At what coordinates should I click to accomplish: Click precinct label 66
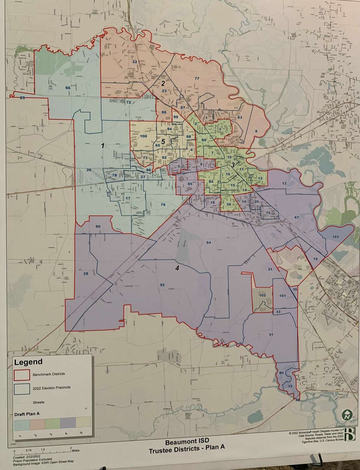coord(68,88)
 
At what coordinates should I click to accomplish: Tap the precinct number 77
coord(197,79)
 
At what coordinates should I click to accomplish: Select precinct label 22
coord(135,62)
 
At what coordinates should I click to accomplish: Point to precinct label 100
coord(143,136)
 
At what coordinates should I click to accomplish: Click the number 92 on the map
coord(162,285)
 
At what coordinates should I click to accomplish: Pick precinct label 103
coord(335,237)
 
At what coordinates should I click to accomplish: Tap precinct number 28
coord(86,273)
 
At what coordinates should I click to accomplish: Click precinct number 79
coord(163,205)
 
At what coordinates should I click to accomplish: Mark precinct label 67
coord(297,217)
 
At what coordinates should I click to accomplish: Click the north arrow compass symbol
coord(346,416)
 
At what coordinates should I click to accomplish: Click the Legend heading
coord(28,362)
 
